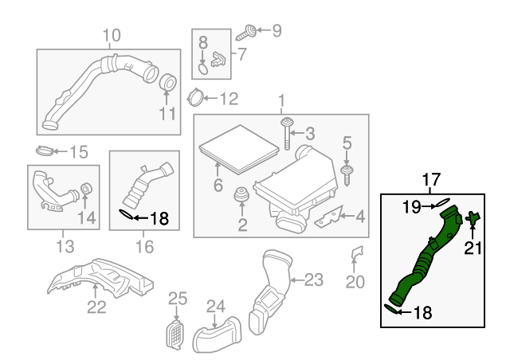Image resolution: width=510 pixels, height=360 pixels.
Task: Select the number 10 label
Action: pyautogui.click(x=111, y=34)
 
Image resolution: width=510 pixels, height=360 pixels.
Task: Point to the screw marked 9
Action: pyautogui.click(x=249, y=32)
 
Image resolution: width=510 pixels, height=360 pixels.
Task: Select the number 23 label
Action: pyautogui.click(x=315, y=280)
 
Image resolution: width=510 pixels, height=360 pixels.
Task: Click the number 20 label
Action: pyautogui.click(x=355, y=281)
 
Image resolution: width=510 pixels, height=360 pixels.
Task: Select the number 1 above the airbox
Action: pyautogui.click(x=280, y=101)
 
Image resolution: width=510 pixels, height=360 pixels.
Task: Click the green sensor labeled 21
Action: pyautogui.click(x=473, y=217)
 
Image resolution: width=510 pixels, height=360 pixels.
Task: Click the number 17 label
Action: pyautogui.click(x=430, y=180)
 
